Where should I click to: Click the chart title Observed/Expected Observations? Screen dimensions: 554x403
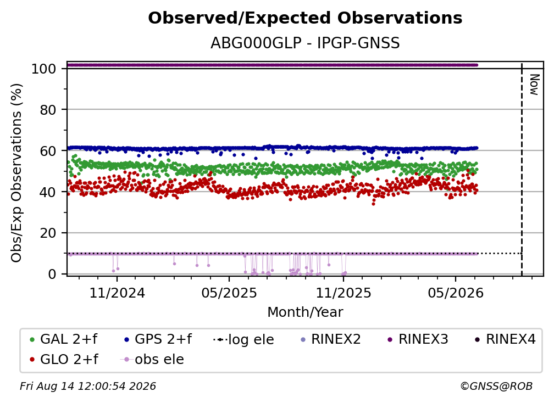point(305,18)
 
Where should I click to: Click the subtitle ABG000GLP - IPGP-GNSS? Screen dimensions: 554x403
point(305,43)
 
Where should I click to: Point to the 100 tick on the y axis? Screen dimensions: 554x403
point(44,69)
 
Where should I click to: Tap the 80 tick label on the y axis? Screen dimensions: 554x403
point(48,110)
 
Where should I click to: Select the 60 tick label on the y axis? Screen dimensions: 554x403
point(48,150)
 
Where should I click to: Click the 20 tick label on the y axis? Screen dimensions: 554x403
point(48,233)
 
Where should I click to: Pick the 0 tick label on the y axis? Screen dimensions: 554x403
point(52,274)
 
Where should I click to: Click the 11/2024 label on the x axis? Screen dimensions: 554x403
point(117,293)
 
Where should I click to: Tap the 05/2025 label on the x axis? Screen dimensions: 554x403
point(229,293)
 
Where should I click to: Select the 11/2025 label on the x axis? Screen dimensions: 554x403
point(344,293)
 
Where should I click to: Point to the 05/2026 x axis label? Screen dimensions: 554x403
point(456,293)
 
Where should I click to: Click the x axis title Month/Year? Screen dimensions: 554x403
point(305,312)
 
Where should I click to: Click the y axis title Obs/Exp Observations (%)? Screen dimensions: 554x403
point(16,173)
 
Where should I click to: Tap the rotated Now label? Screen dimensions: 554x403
point(534,85)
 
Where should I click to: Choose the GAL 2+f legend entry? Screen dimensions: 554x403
point(64,339)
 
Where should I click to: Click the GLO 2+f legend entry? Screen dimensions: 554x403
point(64,359)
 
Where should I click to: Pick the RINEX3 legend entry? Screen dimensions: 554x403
point(418,339)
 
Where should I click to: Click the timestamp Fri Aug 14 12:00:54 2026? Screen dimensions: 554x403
point(87,387)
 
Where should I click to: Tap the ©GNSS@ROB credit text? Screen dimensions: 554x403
point(496,387)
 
